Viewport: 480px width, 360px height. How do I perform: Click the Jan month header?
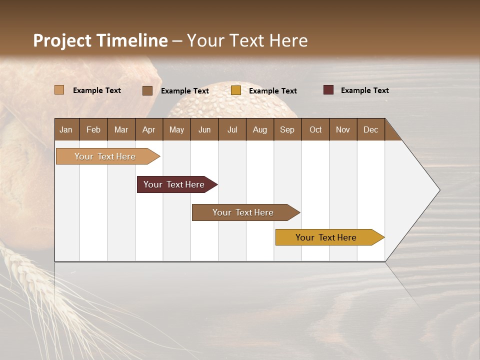(66, 129)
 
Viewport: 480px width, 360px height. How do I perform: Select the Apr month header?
(149, 129)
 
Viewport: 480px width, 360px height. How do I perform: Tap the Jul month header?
(232, 129)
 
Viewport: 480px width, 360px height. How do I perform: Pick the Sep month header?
(287, 129)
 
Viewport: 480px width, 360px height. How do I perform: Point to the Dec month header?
(370, 129)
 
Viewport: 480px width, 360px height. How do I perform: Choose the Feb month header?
(93, 129)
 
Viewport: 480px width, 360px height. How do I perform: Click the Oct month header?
(315, 129)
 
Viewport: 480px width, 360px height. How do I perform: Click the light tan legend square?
(59, 90)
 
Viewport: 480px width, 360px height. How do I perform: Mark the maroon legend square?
(328, 90)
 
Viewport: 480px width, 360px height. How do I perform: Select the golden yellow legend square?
(236, 90)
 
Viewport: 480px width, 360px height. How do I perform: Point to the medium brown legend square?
(147, 90)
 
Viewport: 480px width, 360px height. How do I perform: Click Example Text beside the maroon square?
(364, 90)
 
